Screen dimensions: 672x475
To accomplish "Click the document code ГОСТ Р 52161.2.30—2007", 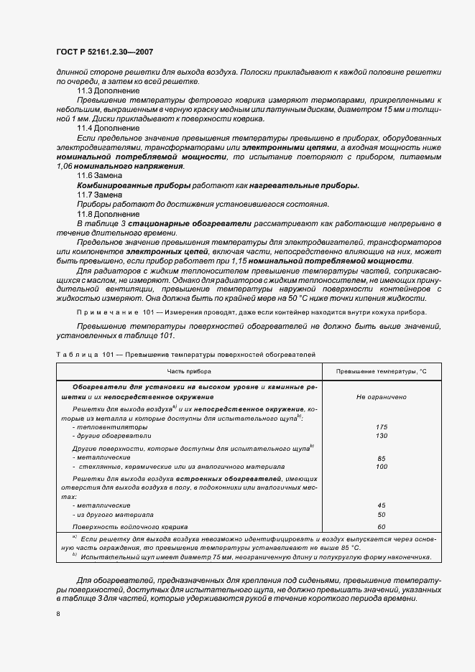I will pyautogui.click(x=105, y=52).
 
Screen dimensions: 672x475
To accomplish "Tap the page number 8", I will pyautogui.click(x=57, y=614).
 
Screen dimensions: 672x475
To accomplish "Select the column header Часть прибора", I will pyautogui.click(x=189, y=371).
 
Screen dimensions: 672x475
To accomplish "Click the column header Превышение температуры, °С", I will pyautogui.click(x=382, y=371).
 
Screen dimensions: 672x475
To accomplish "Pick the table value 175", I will pyautogui.click(x=382, y=426).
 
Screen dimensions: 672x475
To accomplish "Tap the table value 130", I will pyautogui.click(x=382, y=436).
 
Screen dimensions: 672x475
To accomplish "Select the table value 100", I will pyautogui.click(x=382, y=467).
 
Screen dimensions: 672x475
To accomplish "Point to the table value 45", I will pyautogui.click(x=382, y=505).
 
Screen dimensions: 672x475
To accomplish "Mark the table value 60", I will pyautogui.click(x=382, y=527).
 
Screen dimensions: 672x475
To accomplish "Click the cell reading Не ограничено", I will pyautogui.click(x=382, y=396).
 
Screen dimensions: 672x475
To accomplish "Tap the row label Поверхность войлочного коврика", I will pyautogui.click(x=129, y=527).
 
